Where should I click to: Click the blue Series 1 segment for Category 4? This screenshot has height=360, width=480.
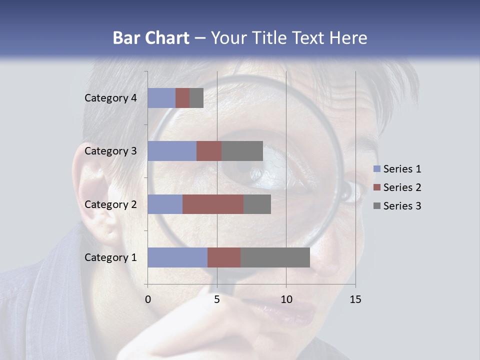(161, 98)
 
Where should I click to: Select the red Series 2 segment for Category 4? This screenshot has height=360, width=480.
(182, 98)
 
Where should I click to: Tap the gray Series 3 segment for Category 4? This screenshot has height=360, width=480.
(196, 98)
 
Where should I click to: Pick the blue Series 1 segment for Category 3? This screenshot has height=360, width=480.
(172, 151)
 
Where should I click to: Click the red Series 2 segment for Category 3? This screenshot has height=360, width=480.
(209, 151)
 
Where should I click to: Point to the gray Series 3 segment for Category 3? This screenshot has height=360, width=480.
(242, 151)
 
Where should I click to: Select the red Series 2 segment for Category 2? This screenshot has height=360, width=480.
(213, 204)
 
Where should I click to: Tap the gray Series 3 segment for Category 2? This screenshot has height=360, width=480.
(257, 204)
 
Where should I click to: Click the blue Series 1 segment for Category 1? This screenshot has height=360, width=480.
(177, 257)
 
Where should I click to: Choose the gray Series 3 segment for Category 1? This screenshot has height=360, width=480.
(275, 257)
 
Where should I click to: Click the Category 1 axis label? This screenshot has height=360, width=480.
(110, 257)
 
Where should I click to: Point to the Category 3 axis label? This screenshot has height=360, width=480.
(110, 151)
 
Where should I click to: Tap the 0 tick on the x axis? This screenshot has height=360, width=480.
(148, 300)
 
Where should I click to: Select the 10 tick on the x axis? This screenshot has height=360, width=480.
(286, 300)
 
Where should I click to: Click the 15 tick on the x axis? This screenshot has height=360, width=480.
(355, 300)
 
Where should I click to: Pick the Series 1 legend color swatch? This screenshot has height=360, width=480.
(376, 169)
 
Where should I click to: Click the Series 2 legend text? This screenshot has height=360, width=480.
(402, 187)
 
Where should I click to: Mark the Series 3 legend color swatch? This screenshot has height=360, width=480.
(376, 206)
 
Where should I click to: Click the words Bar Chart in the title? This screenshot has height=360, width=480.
(151, 38)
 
